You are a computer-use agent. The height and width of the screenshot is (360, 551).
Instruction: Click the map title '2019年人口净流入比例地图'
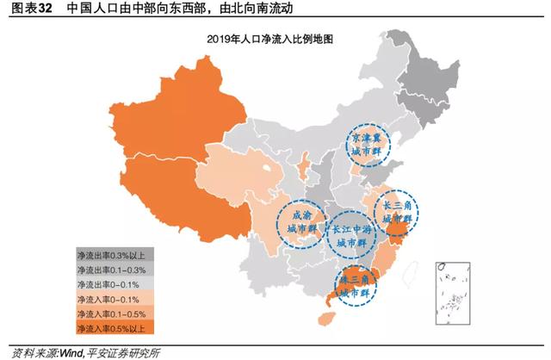point(269,40)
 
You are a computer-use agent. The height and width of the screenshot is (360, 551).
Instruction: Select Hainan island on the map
point(325,319)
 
